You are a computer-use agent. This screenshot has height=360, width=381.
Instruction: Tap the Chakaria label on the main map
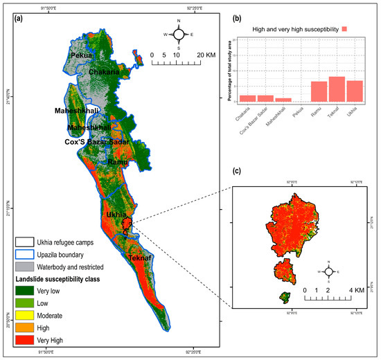107,72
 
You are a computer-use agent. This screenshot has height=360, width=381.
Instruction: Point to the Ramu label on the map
117,161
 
